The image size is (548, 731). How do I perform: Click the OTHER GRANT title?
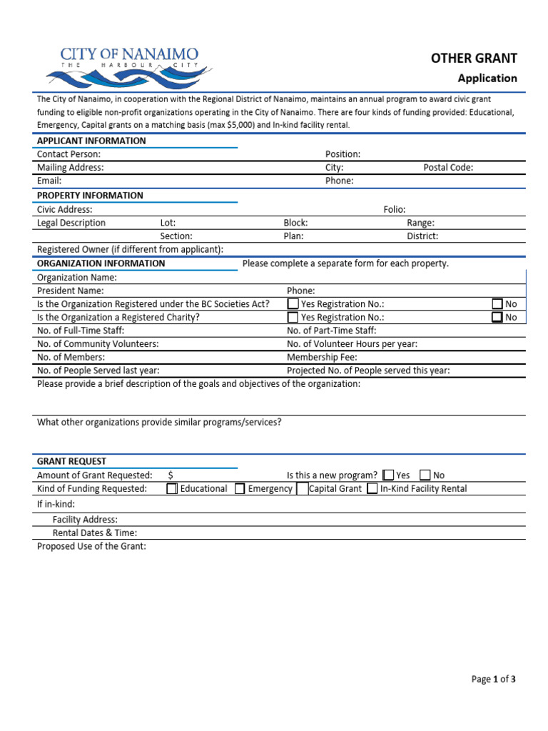473,59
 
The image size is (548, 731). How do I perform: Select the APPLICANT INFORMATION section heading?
91,141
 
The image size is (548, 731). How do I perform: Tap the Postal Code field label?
448,168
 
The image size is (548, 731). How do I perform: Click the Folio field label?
395,209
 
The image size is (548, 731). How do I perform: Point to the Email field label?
49,181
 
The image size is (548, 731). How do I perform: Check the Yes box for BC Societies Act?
293,304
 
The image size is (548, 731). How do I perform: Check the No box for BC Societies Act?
497,304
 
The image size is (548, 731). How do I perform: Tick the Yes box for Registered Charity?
293,318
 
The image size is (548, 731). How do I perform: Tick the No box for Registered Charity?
497,318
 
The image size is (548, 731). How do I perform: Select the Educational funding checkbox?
172,489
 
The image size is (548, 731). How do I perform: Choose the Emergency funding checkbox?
240,489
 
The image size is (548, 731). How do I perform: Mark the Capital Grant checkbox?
303,489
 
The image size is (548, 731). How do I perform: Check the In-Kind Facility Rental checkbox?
372,489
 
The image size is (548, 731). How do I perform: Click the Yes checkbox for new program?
388,475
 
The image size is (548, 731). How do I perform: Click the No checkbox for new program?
425,475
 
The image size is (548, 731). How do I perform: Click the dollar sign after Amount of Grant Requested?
171,475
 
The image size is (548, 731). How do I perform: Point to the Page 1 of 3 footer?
493,680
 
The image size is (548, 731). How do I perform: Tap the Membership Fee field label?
322,357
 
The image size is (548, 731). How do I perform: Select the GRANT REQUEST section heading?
71,462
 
